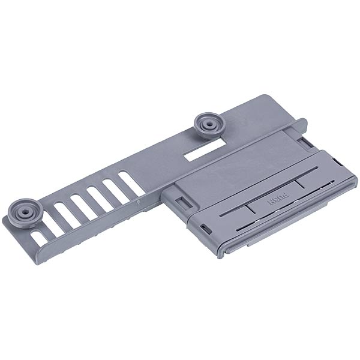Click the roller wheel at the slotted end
tap(25, 213)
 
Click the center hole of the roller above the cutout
tap(208, 124)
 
